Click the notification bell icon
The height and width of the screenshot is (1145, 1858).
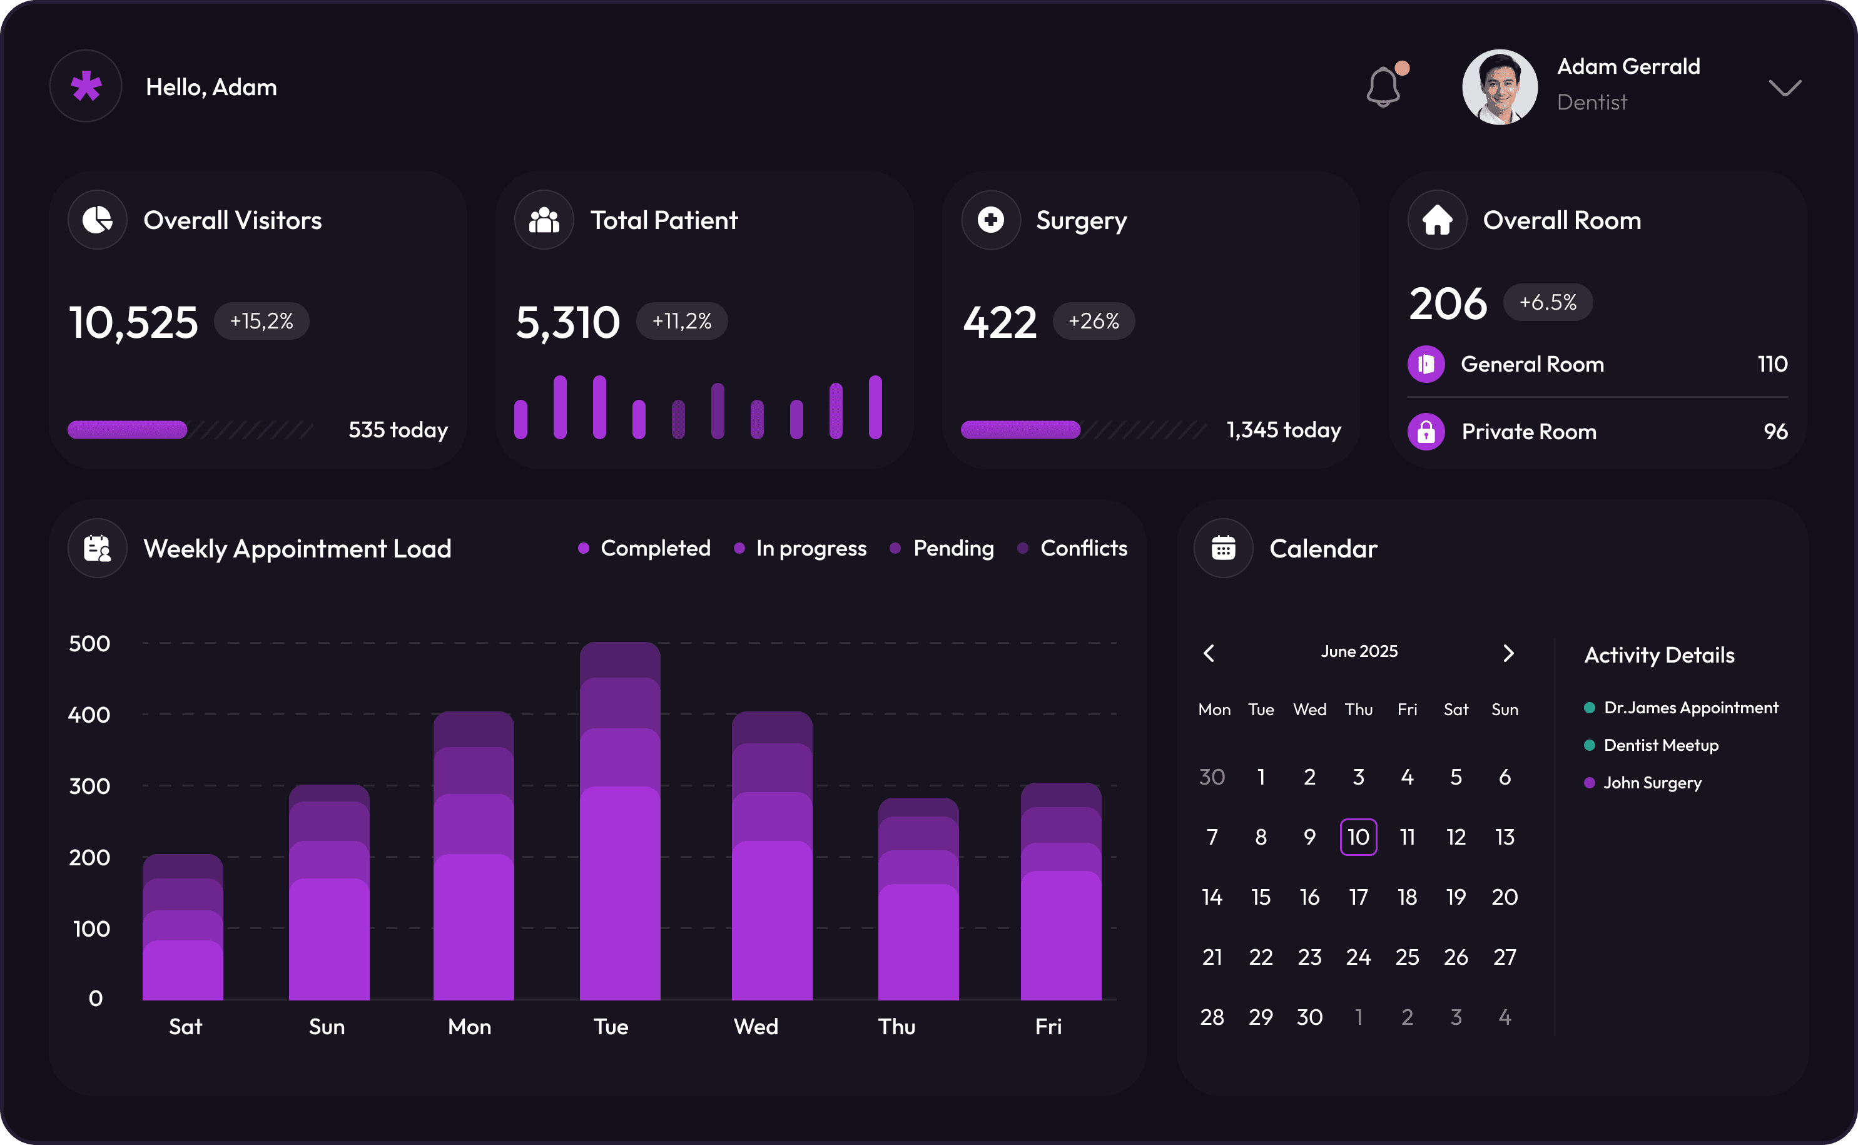click(1383, 87)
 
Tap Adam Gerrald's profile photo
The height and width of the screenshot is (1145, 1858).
click(1499, 87)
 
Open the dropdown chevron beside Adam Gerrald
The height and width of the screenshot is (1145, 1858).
click(1785, 88)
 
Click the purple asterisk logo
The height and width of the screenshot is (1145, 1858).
click(86, 86)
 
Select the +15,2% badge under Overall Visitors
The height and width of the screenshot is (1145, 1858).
click(261, 321)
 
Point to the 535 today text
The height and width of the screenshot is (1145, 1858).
click(397, 430)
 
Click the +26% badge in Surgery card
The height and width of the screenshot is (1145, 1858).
click(1094, 321)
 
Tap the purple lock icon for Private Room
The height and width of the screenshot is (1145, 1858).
click(1426, 432)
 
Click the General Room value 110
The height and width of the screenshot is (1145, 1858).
click(1772, 364)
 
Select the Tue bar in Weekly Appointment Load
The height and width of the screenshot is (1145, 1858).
click(619, 822)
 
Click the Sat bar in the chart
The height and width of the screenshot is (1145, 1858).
click(183, 928)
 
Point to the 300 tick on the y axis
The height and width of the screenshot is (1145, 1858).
click(89, 786)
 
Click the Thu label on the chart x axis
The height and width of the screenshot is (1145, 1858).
click(896, 1027)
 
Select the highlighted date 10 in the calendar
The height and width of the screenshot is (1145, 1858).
click(1358, 837)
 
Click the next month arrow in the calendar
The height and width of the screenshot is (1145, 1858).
click(1508, 653)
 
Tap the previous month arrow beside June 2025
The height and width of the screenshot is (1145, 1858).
click(1209, 653)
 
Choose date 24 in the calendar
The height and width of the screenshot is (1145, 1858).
click(1358, 957)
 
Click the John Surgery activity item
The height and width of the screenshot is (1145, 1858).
click(1652, 783)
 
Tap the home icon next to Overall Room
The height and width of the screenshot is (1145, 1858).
click(1437, 220)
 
